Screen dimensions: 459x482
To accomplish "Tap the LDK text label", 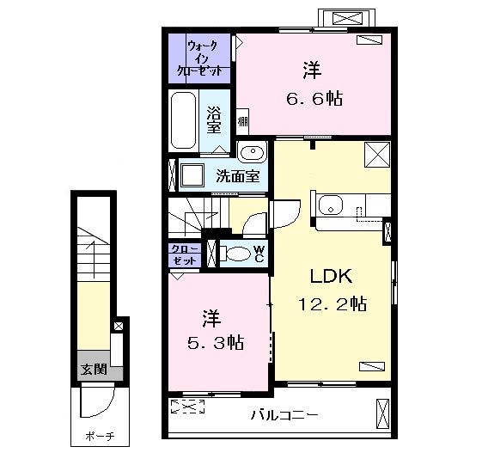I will [328, 277].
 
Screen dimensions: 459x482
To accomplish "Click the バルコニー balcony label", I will [284, 414].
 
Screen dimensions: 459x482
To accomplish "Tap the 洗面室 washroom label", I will [238, 177].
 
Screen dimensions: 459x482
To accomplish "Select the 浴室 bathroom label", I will [215, 119].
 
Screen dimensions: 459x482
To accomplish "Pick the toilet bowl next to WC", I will [233, 254].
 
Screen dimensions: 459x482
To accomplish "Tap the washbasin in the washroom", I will [251, 154].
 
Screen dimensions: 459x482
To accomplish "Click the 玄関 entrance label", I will [94, 370].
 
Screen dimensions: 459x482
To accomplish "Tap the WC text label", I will [259, 254].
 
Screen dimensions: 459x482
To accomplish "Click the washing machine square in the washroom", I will [192, 177].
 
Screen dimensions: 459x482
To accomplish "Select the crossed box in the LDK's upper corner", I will [376, 155].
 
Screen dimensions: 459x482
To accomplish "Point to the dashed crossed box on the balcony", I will [187, 407].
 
